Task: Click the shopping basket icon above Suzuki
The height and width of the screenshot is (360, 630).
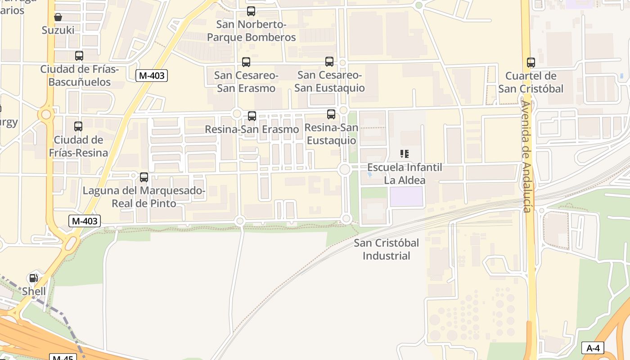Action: (58, 17)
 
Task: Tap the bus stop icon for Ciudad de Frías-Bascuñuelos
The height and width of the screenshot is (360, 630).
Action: (79, 56)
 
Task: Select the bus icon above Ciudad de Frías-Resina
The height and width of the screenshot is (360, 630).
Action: (78, 126)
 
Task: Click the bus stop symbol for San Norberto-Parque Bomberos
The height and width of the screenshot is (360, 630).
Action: (251, 11)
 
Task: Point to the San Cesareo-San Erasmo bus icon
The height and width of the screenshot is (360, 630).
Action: (246, 62)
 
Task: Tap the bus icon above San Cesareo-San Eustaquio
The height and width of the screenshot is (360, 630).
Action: (329, 62)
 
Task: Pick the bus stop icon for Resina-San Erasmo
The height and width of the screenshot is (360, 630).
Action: (252, 116)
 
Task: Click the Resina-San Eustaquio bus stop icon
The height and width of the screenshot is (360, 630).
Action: (331, 114)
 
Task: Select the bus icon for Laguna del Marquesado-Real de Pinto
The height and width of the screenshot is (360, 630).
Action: (144, 177)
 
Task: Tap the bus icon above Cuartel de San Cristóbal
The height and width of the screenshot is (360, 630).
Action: (531, 63)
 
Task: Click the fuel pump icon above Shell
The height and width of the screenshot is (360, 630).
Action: (34, 278)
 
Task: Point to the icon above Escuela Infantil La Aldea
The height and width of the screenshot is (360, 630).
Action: (405, 154)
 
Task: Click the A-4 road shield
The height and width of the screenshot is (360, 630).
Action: (593, 348)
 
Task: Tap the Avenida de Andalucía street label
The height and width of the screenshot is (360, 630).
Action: (526, 157)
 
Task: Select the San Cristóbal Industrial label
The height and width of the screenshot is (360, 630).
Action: (386, 249)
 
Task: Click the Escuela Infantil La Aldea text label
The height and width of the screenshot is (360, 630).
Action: (405, 174)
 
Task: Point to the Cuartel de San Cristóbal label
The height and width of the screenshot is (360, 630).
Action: (531, 82)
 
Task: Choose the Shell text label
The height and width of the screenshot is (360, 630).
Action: (34, 291)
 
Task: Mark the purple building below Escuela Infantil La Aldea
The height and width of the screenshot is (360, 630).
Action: (406, 197)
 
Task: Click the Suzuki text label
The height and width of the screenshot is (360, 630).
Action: (58, 30)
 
